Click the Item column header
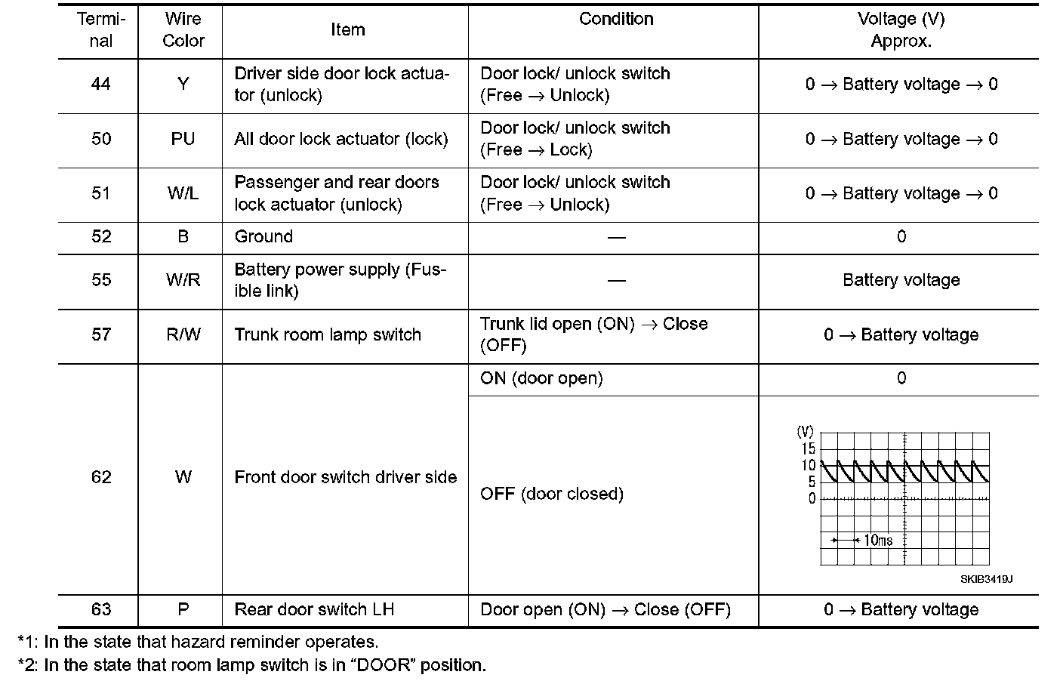click(347, 30)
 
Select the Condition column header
click(616, 20)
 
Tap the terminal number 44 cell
click(101, 85)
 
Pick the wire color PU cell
click(183, 140)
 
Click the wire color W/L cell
click(183, 194)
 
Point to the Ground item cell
click(263, 237)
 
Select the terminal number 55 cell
click(101, 280)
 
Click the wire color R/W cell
click(183, 334)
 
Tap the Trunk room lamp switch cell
click(328, 334)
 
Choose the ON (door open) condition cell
click(541, 378)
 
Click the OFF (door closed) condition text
click(552, 495)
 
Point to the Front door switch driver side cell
click(345, 477)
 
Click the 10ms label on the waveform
click(878, 541)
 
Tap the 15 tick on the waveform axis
click(809, 449)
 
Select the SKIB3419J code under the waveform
click(986, 580)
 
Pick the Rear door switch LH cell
click(314, 610)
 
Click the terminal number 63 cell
click(101, 610)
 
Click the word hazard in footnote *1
click(199, 642)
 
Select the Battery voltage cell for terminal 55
click(901, 280)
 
